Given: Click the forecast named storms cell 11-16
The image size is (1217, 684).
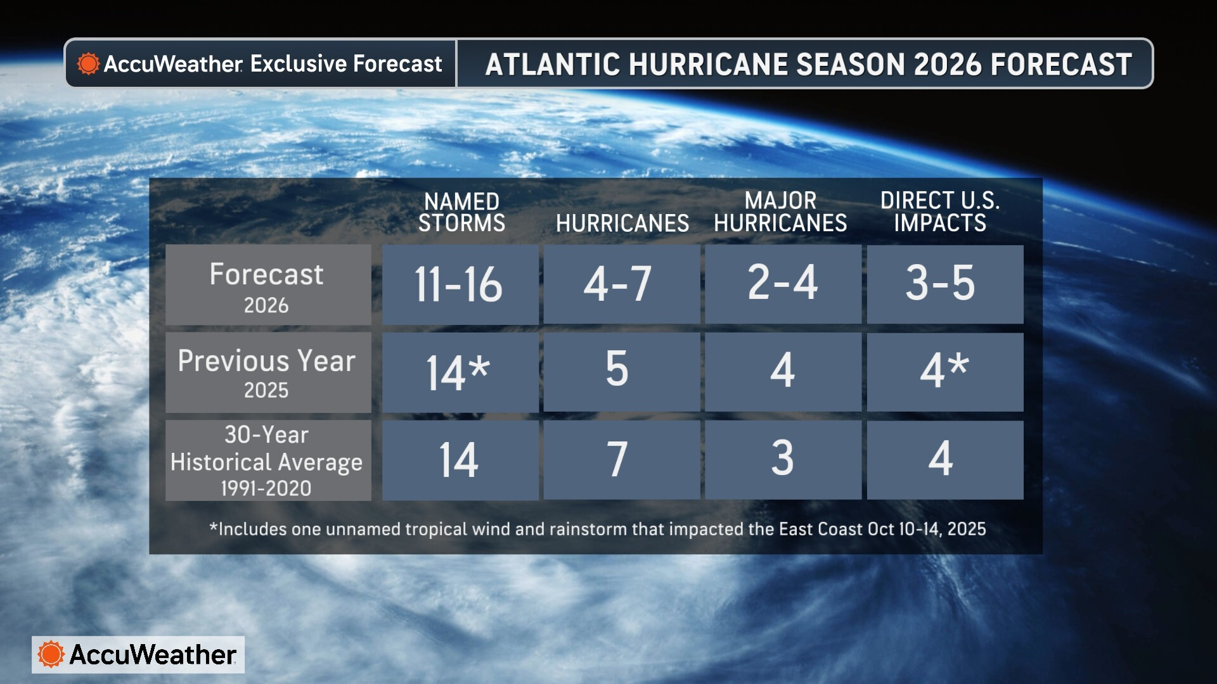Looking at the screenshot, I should click(460, 284).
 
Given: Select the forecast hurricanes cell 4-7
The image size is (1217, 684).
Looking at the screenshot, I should click(621, 284).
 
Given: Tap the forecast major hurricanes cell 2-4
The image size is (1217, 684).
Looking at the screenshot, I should click(783, 284).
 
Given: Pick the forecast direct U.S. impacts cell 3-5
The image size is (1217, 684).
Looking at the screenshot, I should click(944, 284).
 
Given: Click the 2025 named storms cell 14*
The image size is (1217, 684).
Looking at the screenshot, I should click(460, 372).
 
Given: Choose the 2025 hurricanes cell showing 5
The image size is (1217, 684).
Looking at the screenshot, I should click(621, 372).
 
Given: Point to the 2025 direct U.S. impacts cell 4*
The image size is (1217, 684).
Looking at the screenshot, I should click(944, 372).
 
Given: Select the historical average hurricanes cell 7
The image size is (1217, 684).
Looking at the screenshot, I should click(621, 460).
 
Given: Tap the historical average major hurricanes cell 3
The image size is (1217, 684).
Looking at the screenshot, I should click(783, 460).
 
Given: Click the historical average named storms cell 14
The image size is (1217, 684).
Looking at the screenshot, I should click(460, 460).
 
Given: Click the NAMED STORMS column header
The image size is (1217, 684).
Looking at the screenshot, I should click(461, 213).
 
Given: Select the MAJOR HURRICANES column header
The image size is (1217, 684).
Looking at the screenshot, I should click(780, 212).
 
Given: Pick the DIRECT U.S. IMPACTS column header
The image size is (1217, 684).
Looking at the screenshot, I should click(940, 212).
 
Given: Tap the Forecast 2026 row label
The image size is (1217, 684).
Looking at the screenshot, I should click(267, 285).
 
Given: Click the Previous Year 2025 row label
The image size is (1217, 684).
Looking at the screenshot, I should click(267, 372).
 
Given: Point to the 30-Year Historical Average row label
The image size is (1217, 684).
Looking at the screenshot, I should click(267, 460).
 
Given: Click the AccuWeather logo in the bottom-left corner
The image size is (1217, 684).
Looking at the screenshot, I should click(138, 654).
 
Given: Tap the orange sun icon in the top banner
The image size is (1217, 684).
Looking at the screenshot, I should click(88, 63).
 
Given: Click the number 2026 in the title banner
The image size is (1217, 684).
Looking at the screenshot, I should click(948, 64).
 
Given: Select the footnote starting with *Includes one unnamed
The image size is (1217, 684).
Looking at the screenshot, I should click(597, 529).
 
